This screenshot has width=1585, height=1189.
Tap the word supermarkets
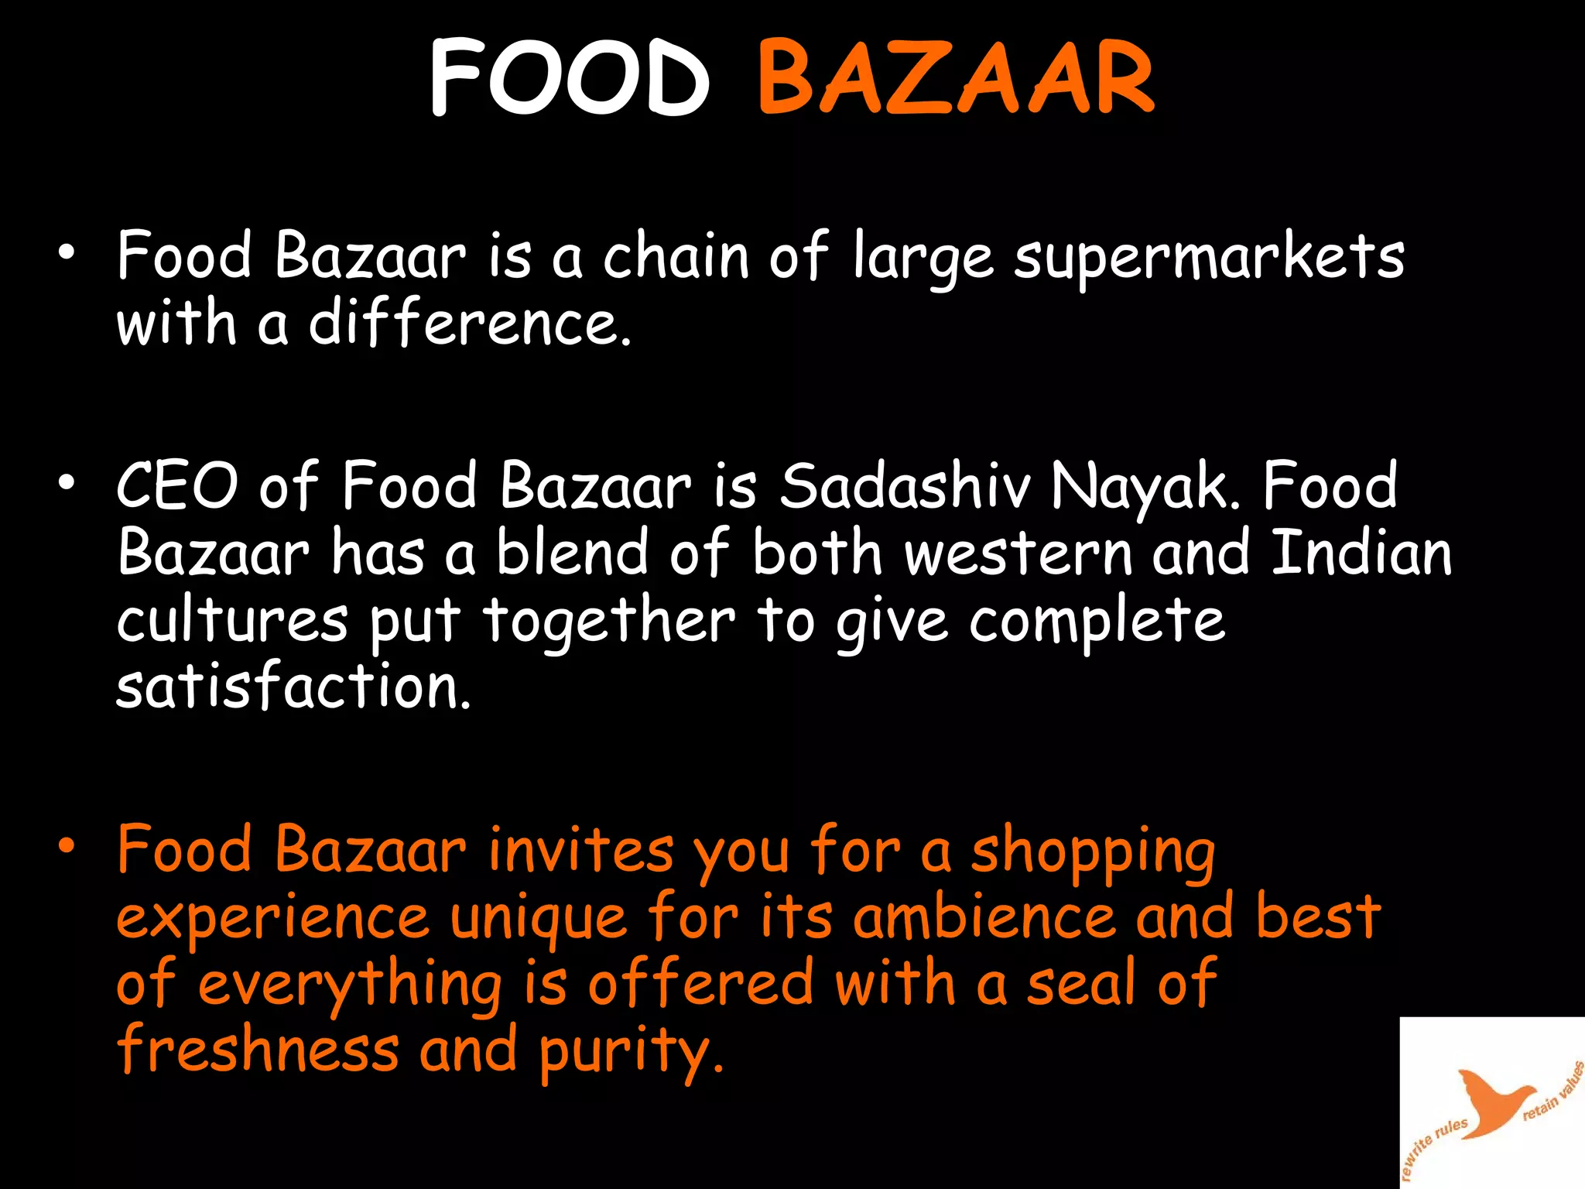coord(1209,258)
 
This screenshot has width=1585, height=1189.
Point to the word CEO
coord(177,486)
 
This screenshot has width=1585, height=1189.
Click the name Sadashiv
coord(905,486)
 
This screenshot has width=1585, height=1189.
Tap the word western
coord(1018,554)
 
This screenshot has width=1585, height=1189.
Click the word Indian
coord(1361,553)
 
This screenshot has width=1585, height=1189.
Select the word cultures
coord(232,621)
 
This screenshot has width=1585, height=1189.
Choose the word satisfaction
coord(293,687)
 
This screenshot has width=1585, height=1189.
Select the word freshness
coord(258,1050)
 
